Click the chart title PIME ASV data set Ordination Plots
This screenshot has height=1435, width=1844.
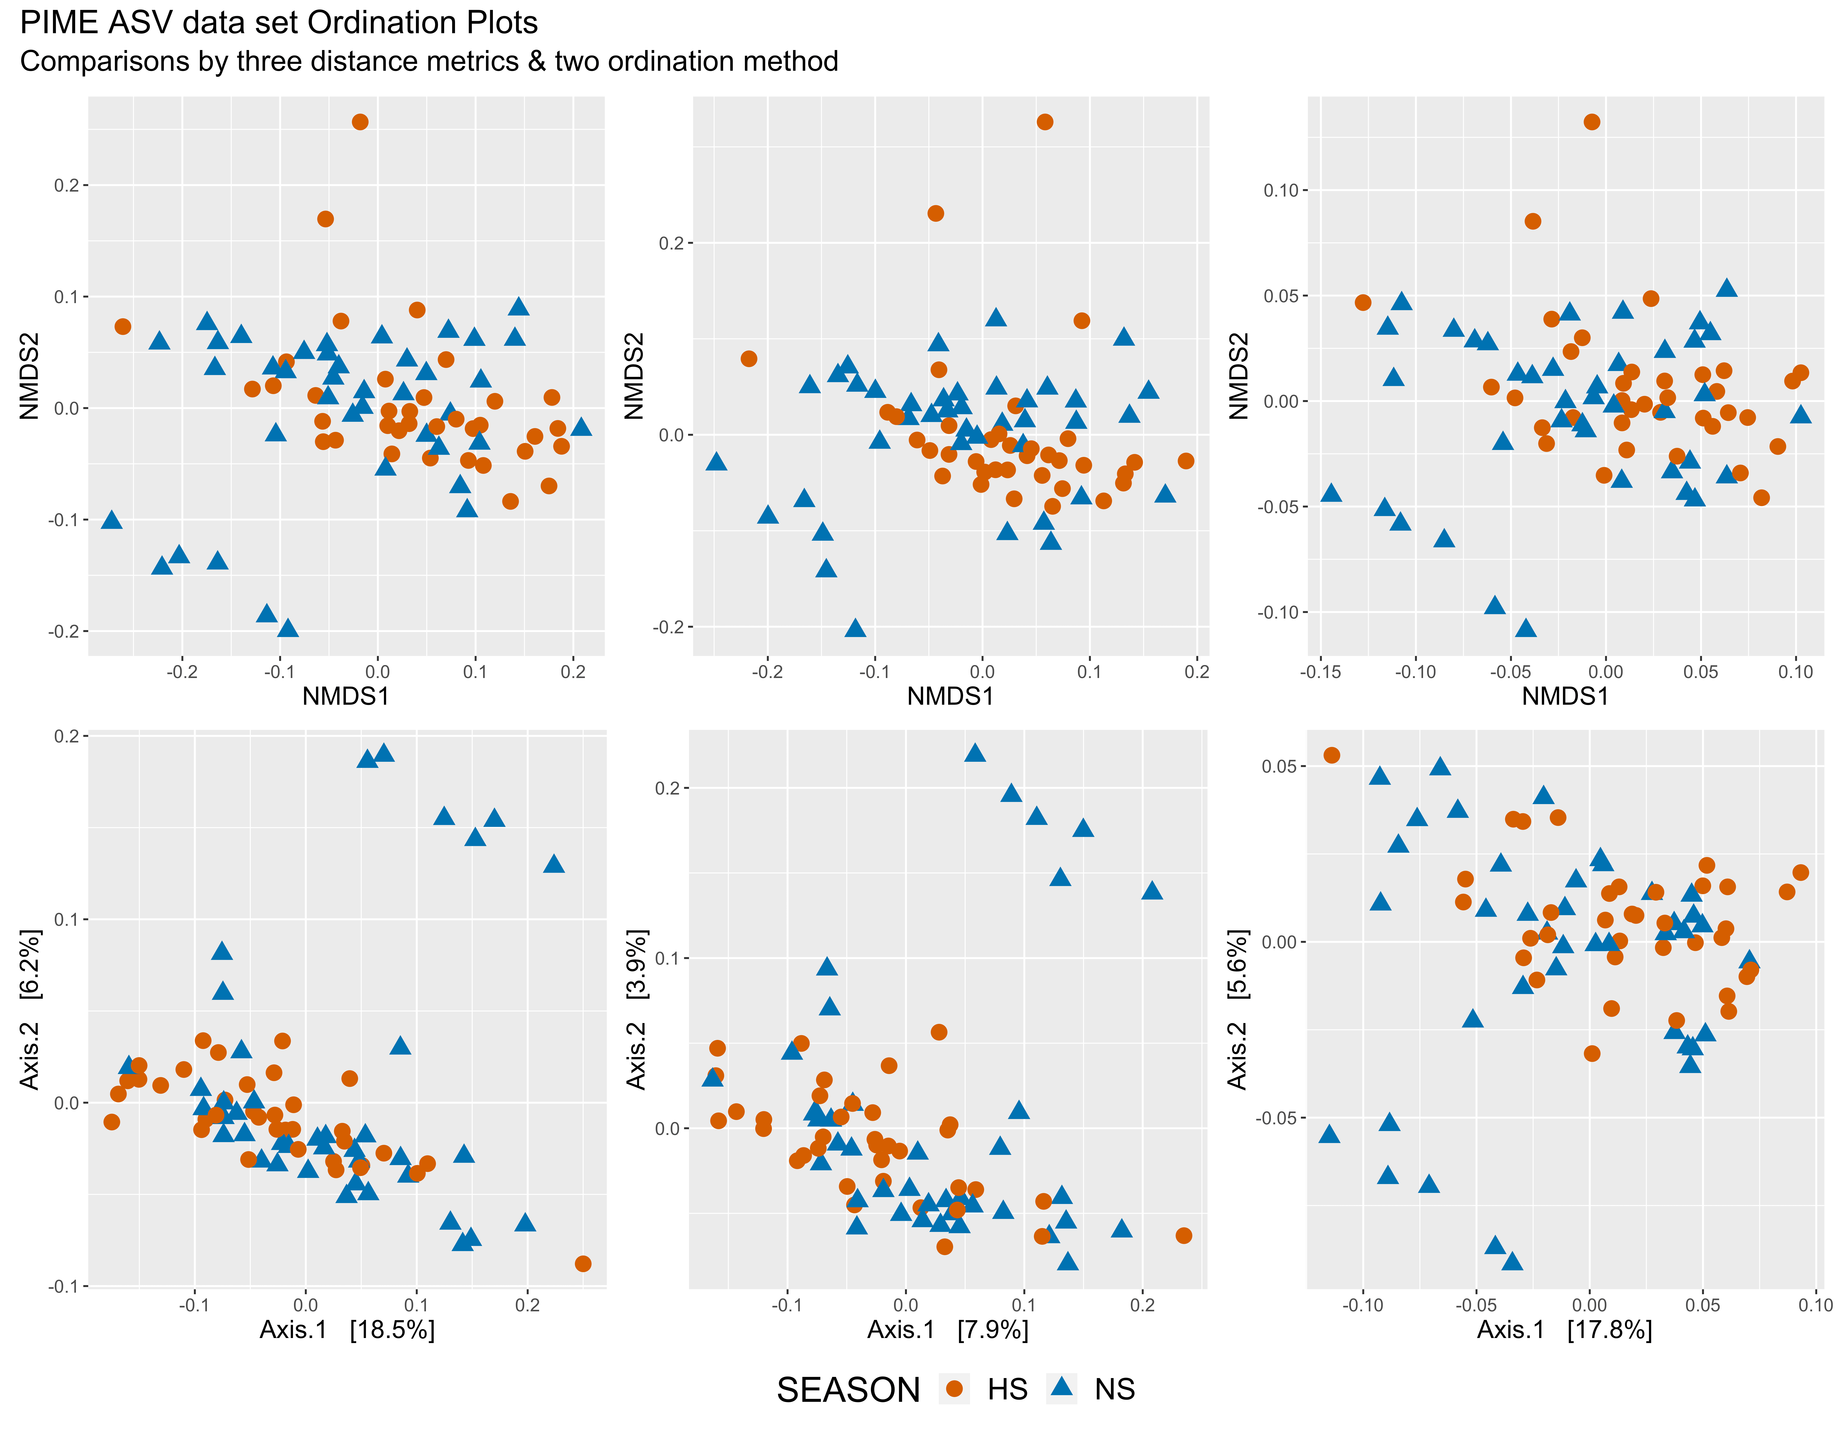click(279, 23)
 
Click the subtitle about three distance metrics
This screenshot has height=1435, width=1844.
click(429, 62)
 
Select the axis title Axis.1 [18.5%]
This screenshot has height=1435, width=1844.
click(347, 1329)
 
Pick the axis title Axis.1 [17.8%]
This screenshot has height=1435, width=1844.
click(1564, 1329)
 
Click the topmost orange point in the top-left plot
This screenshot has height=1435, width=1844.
click(360, 122)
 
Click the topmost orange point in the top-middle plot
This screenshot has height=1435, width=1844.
click(1044, 122)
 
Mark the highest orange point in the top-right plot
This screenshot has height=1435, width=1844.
click(1592, 122)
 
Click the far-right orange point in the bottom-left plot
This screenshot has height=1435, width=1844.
click(582, 1264)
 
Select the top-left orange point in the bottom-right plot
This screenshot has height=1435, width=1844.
click(1332, 755)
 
